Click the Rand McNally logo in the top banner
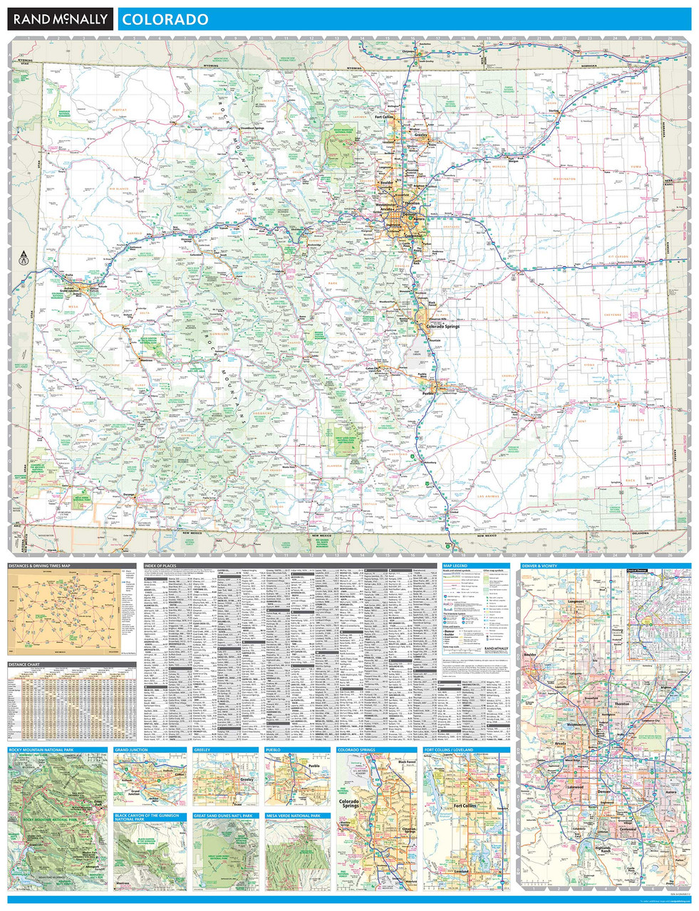click(60, 19)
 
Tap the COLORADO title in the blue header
click(165, 19)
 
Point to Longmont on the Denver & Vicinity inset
click(576, 602)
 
